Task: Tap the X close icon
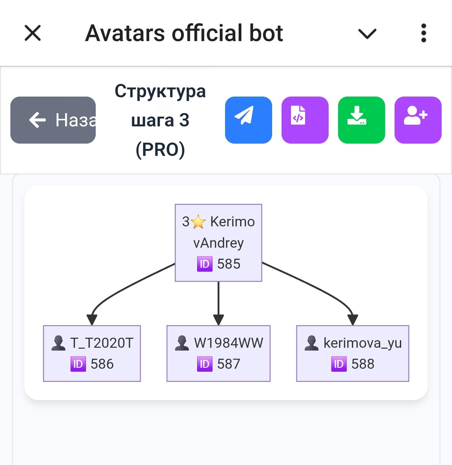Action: [x=33, y=33]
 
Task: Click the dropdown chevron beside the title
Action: [x=367, y=34]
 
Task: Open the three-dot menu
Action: [x=423, y=33]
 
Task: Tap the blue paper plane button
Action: [x=248, y=120]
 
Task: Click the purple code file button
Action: [x=305, y=120]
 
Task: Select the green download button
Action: [x=361, y=120]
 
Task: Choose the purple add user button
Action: [x=418, y=120]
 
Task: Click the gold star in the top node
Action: [x=198, y=222]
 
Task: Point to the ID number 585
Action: [x=229, y=264]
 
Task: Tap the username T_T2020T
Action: [x=102, y=343]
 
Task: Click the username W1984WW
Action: [x=229, y=343]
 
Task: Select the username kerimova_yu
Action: [x=363, y=343]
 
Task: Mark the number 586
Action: [x=102, y=364]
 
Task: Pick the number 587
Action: [x=229, y=364]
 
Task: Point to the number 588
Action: [x=363, y=364]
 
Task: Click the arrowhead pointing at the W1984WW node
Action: [x=218, y=320]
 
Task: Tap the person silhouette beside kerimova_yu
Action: [x=311, y=343]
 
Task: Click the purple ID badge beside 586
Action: [x=78, y=364]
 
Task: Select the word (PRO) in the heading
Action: [x=160, y=150]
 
